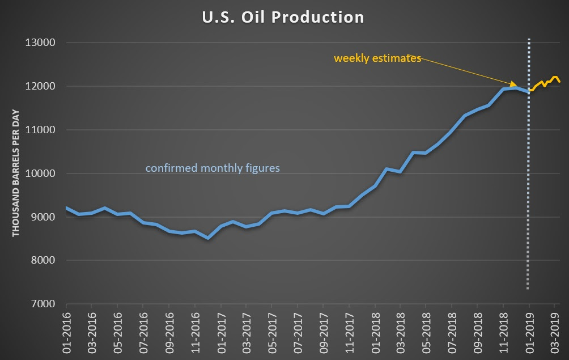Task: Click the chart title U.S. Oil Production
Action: pyautogui.click(x=283, y=17)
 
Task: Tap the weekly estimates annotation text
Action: pyautogui.click(x=377, y=58)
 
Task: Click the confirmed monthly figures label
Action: pyautogui.click(x=213, y=168)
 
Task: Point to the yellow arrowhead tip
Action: pyautogui.click(x=516, y=86)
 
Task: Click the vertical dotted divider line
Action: pyautogui.click(x=529, y=170)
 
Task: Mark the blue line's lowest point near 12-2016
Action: pyautogui.click(x=208, y=238)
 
